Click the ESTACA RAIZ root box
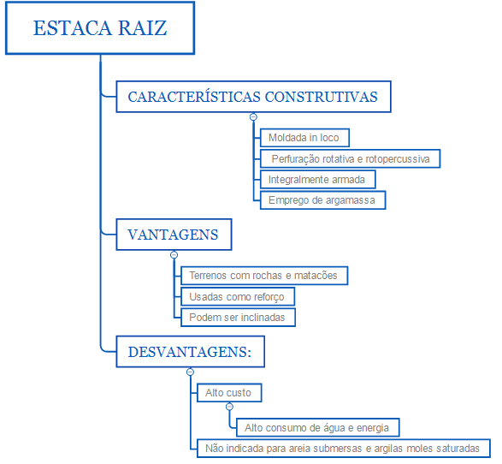click(x=100, y=28)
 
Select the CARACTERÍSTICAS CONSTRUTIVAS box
click(x=253, y=97)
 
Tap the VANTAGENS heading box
click(x=174, y=235)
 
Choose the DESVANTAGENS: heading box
click(x=190, y=352)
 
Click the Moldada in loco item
click(x=304, y=138)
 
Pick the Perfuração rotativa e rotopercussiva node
click(x=351, y=158)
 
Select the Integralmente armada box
click(x=317, y=180)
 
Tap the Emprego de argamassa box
click(x=322, y=200)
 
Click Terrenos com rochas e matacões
click(x=264, y=276)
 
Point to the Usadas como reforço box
click(x=238, y=297)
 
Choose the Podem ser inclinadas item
click(x=238, y=318)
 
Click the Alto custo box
click(x=229, y=393)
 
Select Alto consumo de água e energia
click(x=317, y=427)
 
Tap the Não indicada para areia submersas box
click(x=343, y=449)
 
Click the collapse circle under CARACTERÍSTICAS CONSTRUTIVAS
click(x=253, y=117)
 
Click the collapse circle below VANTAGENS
click(x=174, y=255)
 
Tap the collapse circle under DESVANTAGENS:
click(x=190, y=372)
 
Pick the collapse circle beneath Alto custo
click(x=229, y=407)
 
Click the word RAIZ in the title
click(x=143, y=28)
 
